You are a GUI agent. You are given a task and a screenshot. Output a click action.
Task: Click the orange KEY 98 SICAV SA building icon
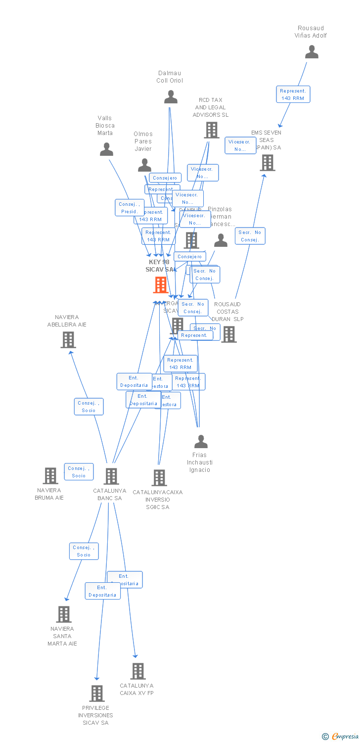pos(160,285)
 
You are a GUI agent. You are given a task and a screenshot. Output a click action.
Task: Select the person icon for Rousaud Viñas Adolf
pos(312,52)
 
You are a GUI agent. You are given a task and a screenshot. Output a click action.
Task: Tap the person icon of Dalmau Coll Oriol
pos(171,97)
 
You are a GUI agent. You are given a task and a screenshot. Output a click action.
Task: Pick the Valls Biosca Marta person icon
pos(106,149)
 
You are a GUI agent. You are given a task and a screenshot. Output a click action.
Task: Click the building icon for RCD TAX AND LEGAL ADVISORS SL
pos(211,130)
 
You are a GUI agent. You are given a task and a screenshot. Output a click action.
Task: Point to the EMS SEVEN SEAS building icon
pos(268,162)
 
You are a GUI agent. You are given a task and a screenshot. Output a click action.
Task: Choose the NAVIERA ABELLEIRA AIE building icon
pos(68,339)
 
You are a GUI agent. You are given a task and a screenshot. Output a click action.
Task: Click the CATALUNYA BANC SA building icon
pos(111,476)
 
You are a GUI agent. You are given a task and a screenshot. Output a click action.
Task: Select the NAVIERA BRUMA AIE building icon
pos(50,475)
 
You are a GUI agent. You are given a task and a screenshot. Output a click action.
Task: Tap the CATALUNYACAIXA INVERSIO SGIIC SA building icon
pos(159,477)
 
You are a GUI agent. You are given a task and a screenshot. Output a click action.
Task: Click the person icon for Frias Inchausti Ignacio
pos(201,441)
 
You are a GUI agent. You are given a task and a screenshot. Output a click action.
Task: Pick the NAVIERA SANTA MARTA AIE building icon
pos(64,614)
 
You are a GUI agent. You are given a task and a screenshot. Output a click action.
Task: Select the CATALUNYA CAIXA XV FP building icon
pos(138,671)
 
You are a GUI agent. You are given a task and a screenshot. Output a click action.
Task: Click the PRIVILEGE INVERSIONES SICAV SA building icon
pos(97,693)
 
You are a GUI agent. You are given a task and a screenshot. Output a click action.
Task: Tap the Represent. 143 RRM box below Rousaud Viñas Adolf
pos(293,94)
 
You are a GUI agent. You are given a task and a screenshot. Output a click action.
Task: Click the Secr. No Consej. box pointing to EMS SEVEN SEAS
pos(250,236)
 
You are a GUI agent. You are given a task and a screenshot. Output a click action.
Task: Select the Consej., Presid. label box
pos(130,208)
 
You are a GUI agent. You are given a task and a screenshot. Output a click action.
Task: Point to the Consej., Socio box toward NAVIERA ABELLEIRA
pos(89,407)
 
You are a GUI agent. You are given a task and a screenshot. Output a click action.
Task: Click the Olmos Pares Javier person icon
pos(144,165)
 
